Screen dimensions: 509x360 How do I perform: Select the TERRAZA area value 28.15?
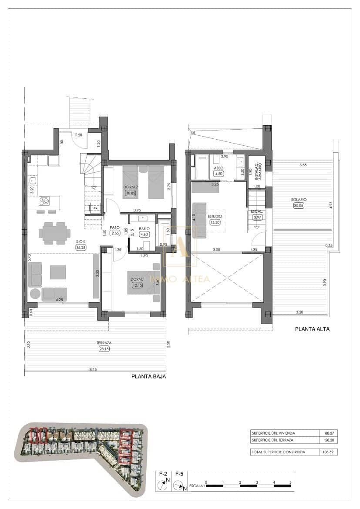click(x=101, y=348)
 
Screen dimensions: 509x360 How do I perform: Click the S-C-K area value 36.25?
click(x=81, y=248)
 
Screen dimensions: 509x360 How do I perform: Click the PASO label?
click(x=114, y=227)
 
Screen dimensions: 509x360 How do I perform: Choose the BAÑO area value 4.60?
click(x=144, y=234)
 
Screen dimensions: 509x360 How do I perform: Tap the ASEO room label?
click(x=218, y=168)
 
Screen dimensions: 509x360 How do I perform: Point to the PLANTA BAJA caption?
click(x=148, y=377)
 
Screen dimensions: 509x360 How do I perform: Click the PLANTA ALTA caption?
click(x=312, y=329)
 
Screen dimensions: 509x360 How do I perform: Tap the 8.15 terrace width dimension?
click(x=93, y=369)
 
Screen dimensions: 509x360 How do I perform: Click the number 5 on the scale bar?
click(x=290, y=482)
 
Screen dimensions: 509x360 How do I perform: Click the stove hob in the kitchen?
click(x=44, y=201)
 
